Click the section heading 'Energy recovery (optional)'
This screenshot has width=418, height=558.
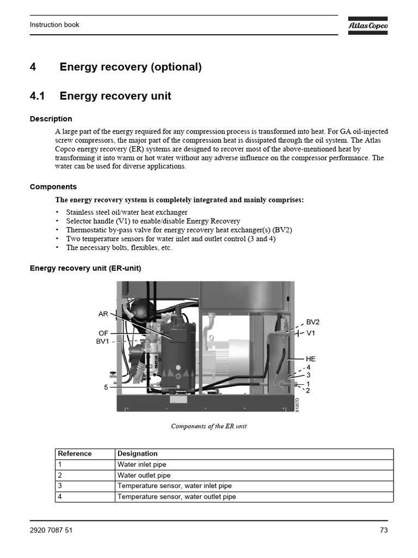point(130,67)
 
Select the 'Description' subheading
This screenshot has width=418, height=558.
point(51,119)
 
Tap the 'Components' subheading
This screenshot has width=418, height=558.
point(53,187)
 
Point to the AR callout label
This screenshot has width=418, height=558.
point(103,314)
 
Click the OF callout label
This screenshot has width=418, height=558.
point(103,333)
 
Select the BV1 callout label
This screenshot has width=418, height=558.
point(103,342)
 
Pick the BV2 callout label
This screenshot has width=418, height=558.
point(313,322)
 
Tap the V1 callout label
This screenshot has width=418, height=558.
point(311,333)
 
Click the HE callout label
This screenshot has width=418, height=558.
point(311,359)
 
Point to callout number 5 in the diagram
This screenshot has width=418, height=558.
point(106,387)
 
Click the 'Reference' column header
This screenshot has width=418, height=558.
point(75,453)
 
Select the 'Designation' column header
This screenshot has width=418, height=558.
point(137,453)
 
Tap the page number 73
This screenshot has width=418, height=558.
point(383,531)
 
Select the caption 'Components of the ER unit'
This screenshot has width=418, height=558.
point(208,426)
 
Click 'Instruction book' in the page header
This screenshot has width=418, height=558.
point(54,25)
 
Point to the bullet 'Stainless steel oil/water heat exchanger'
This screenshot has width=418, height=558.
point(126,212)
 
